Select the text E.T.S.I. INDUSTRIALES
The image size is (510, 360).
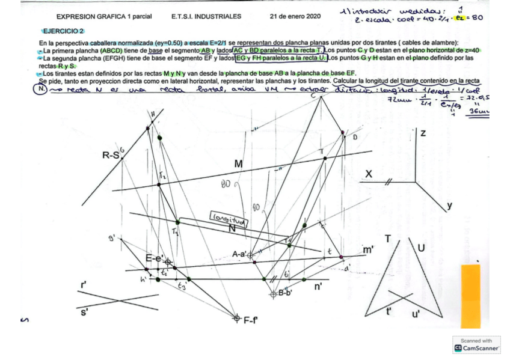click(x=206, y=16)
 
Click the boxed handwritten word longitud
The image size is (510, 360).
click(x=224, y=217)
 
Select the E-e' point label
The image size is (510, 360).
click(x=155, y=258)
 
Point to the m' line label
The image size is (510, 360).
click(x=368, y=248)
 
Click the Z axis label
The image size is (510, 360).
click(x=423, y=133)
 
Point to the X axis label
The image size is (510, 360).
click(x=369, y=174)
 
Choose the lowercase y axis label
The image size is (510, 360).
click(x=450, y=206)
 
